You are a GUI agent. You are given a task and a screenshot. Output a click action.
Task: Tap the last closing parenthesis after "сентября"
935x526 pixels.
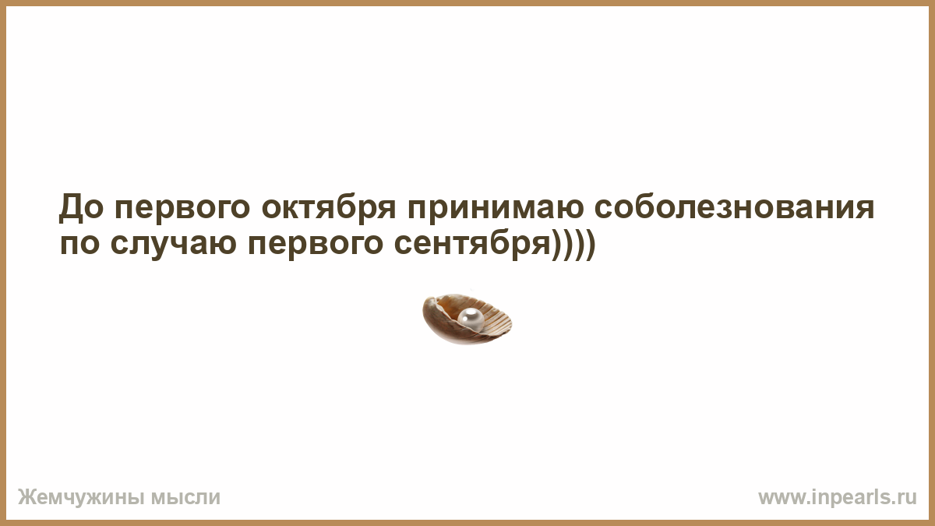pyautogui.click(x=590, y=245)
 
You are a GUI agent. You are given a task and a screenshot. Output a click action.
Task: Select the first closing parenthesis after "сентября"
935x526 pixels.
pyautogui.click(x=557, y=245)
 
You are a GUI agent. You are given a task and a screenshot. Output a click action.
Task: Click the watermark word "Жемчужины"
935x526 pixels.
pyautogui.click(x=81, y=498)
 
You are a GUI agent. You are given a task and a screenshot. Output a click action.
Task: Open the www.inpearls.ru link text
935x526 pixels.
pyautogui.click(x=838, y=498)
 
